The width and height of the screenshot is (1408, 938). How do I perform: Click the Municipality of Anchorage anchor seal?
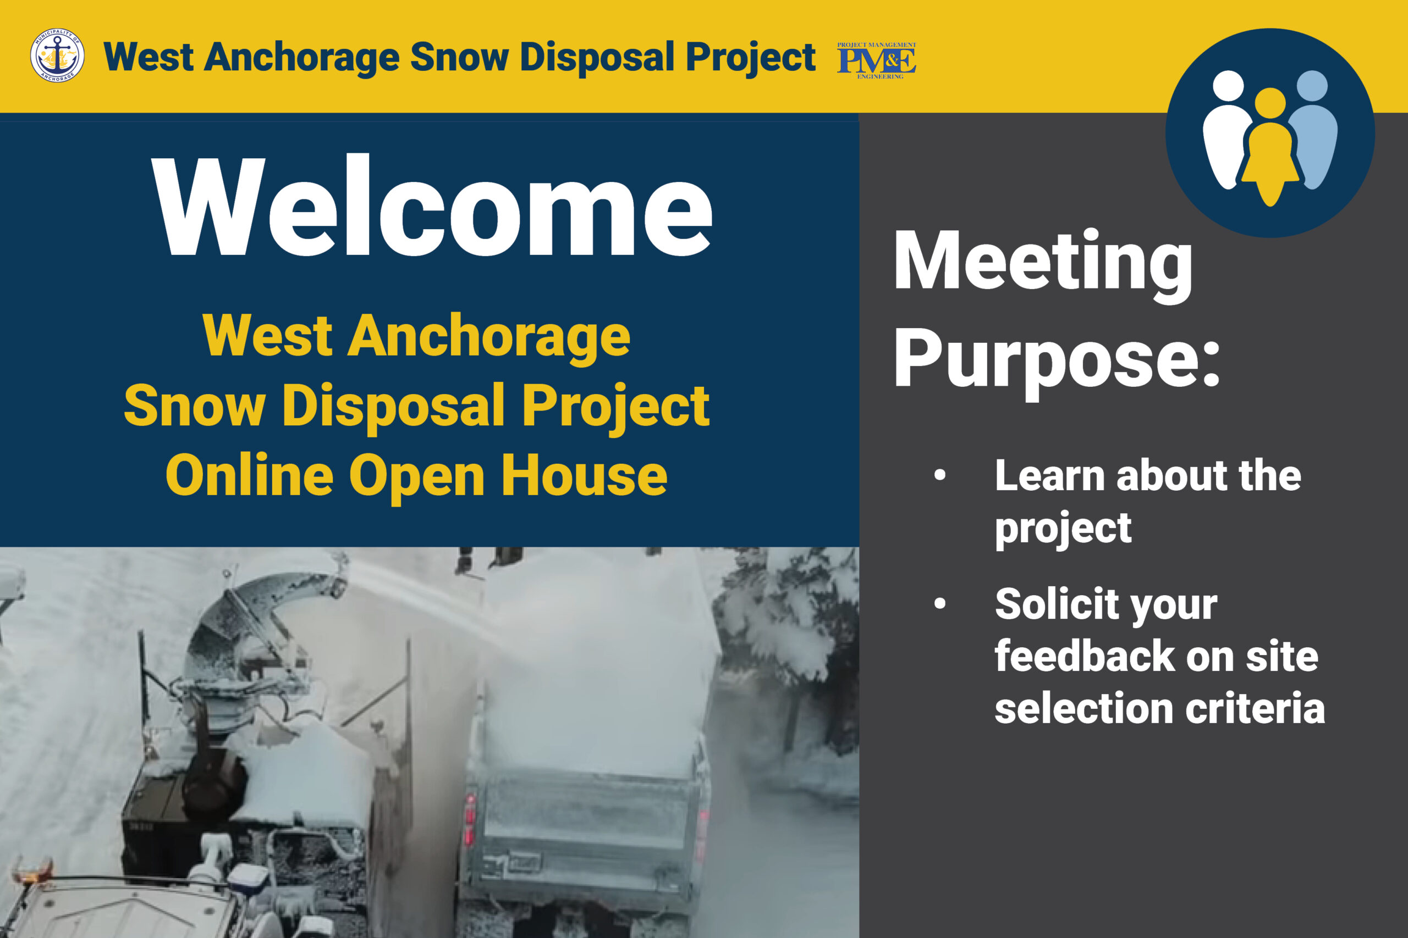click(x=57, y=55)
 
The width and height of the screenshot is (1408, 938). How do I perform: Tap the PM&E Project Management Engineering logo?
click(x=876, y=60)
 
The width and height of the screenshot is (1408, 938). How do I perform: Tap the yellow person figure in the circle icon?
click(x=1270, y=147)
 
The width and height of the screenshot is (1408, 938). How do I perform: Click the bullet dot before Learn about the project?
click(x=940, y=475)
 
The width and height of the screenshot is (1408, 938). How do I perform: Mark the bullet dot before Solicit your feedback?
click(x=940, y=603)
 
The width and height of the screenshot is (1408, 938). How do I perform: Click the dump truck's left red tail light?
click(x=470, y=819)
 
